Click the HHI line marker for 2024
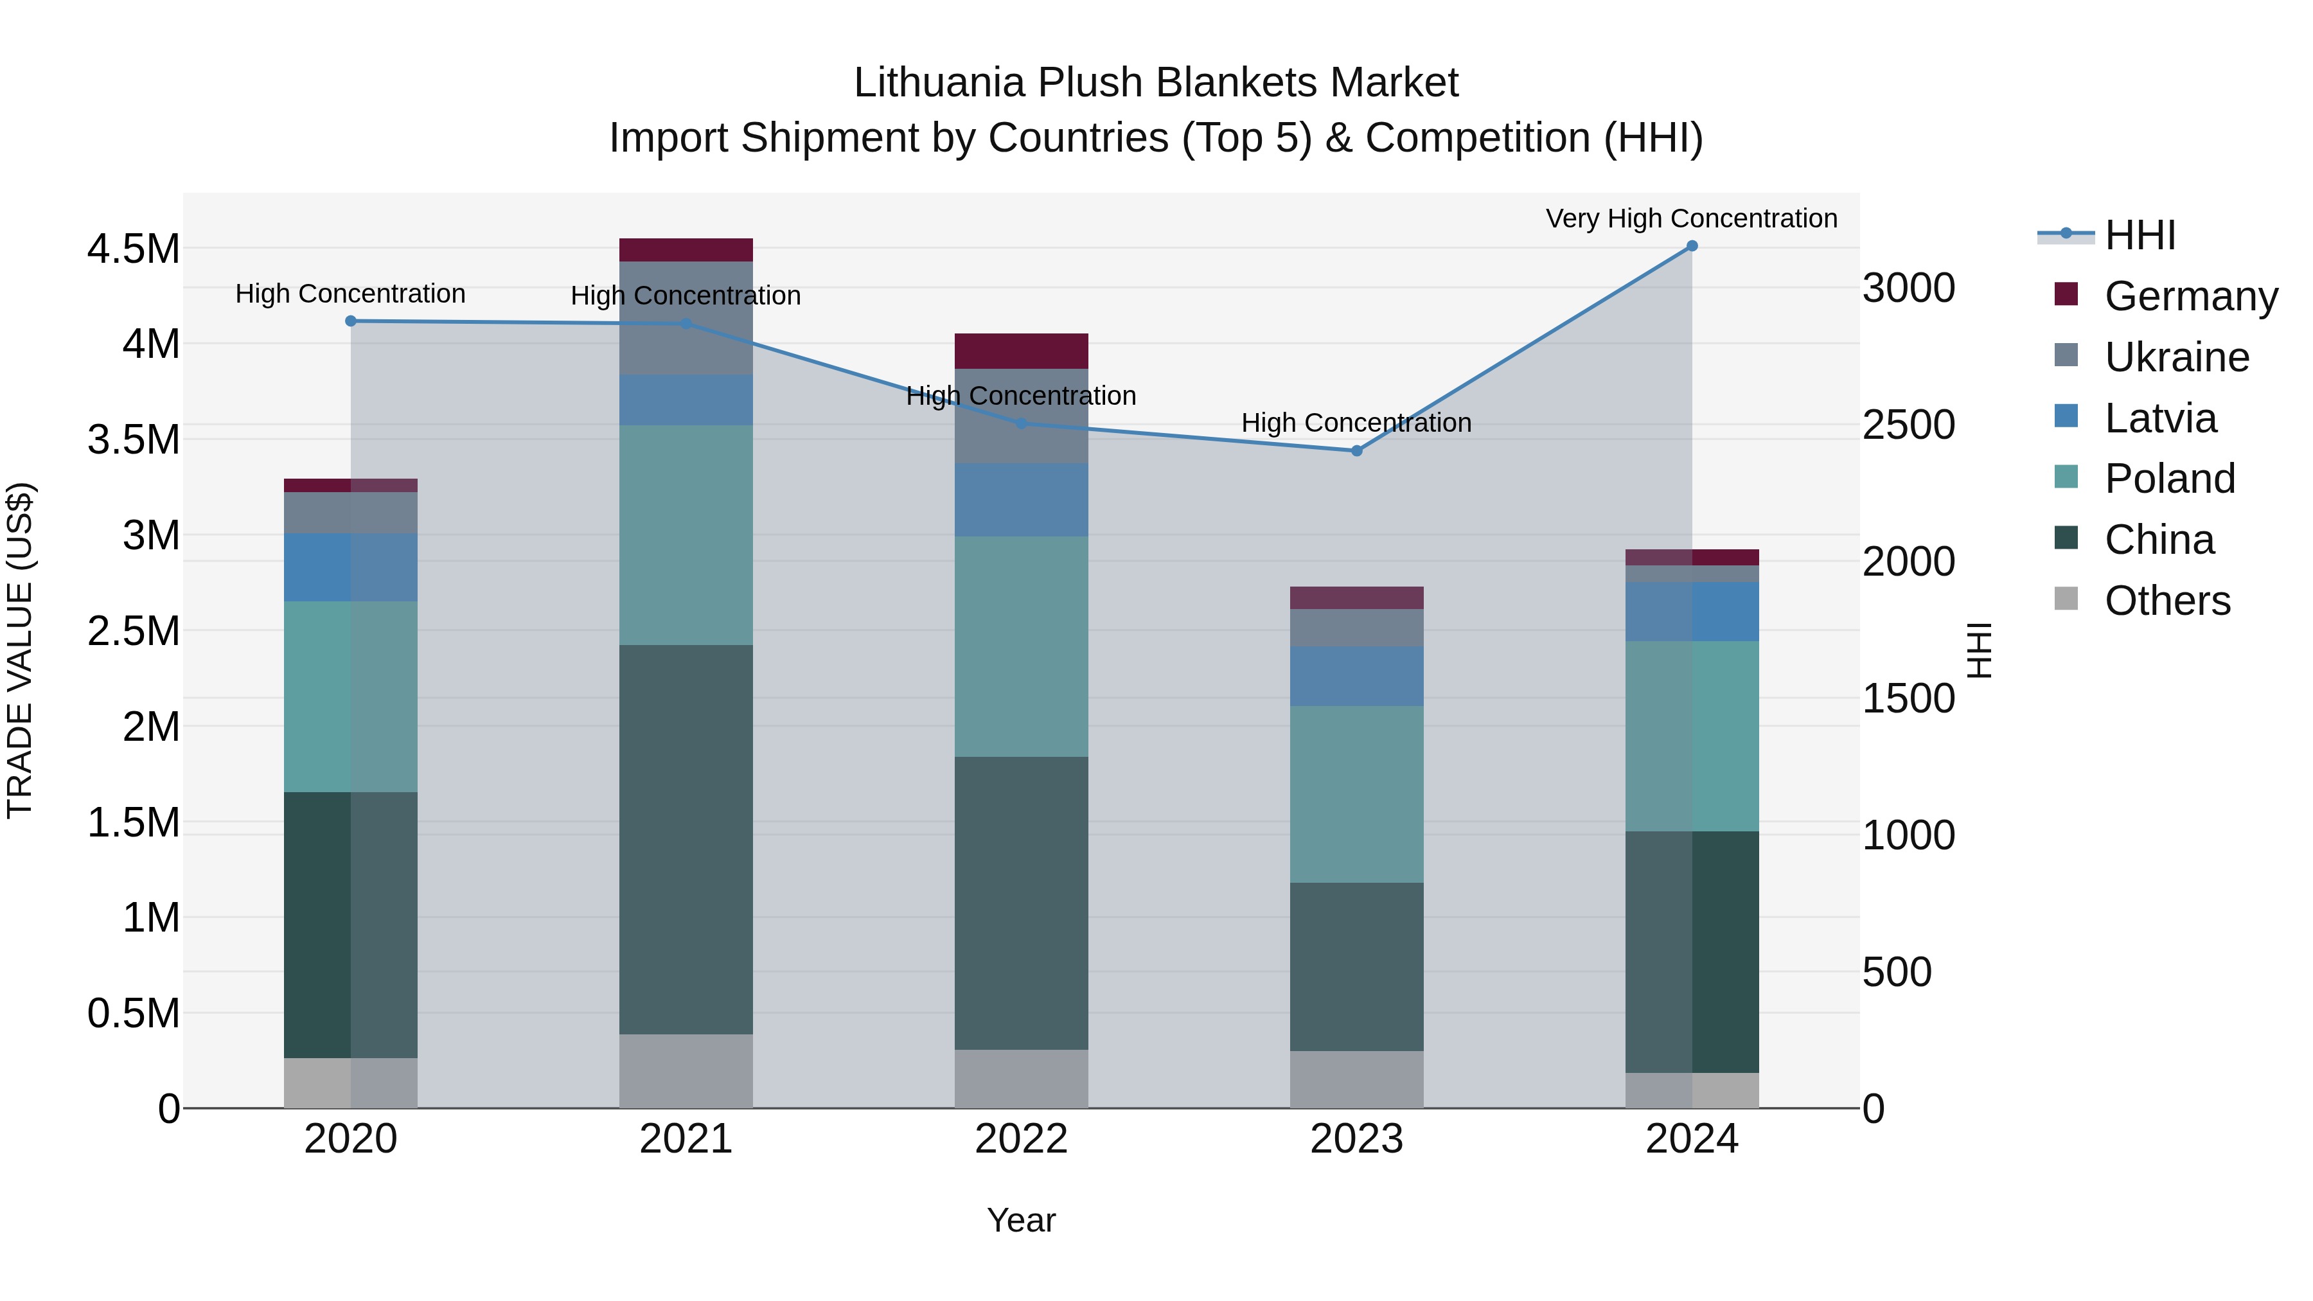1692,246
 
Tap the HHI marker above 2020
351,321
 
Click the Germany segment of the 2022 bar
1021,351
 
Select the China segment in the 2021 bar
686,840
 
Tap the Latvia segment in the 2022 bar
1021,500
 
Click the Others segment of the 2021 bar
686,1070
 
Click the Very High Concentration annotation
1691,218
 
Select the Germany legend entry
2190,296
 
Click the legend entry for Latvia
2159,418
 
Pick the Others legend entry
2167,601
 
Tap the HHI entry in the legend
2139,235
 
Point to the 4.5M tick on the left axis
133,249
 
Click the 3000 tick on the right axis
1908,288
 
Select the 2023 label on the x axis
1356,1138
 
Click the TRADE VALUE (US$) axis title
20,650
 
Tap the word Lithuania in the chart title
938,83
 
